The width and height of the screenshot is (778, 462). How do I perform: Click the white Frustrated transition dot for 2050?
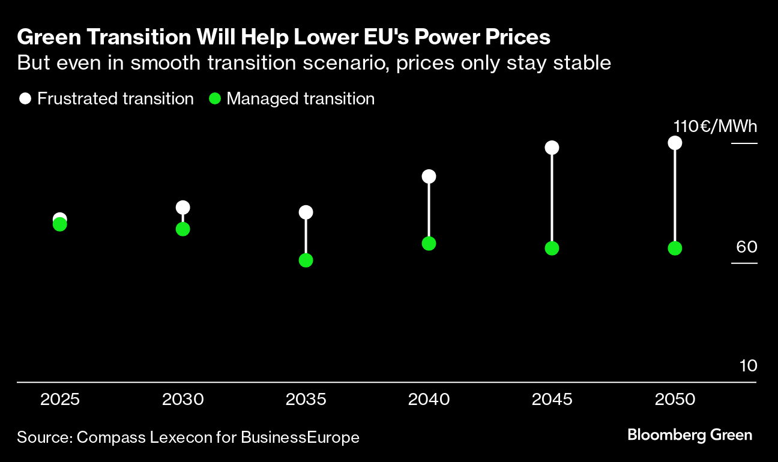pos(675,143)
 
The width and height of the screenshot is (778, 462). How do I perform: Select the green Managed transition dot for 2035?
pos(306,260)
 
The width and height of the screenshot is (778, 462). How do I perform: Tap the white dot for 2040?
pos(429,176)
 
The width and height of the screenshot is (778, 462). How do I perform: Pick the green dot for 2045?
pos(552,248)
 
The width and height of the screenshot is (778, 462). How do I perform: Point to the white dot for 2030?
pos(182,208)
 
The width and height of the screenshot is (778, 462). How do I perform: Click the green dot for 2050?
pos(675,248)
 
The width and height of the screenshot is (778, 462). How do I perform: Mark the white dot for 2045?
pos(552,148)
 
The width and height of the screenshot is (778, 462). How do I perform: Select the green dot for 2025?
pos(59,224)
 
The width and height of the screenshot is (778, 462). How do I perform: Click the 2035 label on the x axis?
pos(306,400)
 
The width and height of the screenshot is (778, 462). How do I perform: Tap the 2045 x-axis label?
pos(552,400)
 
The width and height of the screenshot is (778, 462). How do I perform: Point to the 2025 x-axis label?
pos(59,400)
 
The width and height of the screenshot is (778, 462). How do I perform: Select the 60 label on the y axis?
pos(746,247)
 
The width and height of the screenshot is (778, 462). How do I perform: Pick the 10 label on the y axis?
pos(748,366)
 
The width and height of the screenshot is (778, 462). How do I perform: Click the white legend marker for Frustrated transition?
pos(25,99)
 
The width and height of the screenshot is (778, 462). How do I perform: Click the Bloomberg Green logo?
pos(689,435)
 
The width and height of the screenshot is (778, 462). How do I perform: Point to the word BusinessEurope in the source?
pos(300,437)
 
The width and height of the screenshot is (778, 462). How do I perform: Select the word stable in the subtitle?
pos(582,63)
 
